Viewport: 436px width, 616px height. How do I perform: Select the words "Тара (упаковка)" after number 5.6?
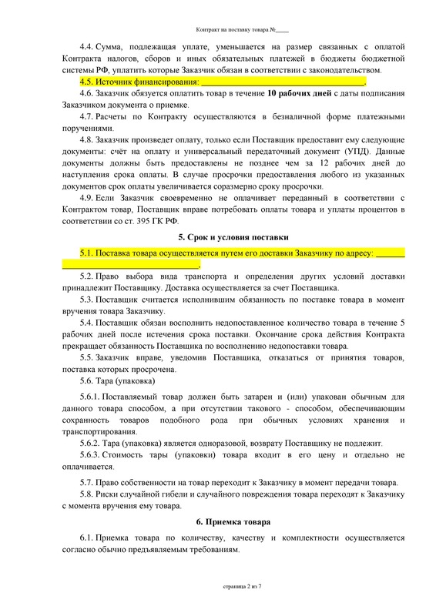point(126,380)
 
